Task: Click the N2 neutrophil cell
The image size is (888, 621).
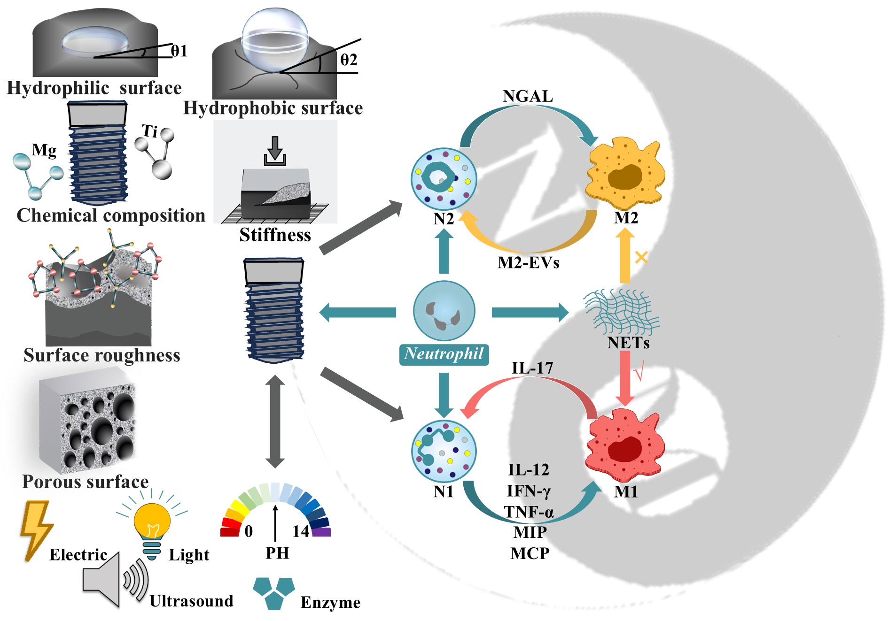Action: tap(444, 178)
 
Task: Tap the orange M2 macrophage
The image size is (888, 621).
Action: tap(625, 174)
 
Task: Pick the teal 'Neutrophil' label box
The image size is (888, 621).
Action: tap(444, 354)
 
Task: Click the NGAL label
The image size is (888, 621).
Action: tap(528, 96)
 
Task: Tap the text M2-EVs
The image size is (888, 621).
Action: tap(529, 262)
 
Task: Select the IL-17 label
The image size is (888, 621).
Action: tap(532, 368)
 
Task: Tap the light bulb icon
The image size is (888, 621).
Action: tap(152, 528)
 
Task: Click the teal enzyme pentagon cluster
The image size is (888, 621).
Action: tap(274, 593)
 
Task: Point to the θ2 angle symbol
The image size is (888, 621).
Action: tap(349, 60)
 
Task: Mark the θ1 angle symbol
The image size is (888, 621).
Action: tap(179, 51)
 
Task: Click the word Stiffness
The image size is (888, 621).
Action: tap(275, 235)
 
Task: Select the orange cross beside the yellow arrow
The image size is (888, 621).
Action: tap(641, 257)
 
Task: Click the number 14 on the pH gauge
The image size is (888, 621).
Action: tap(301, 531)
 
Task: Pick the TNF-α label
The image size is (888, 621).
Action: tap(529, 512)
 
